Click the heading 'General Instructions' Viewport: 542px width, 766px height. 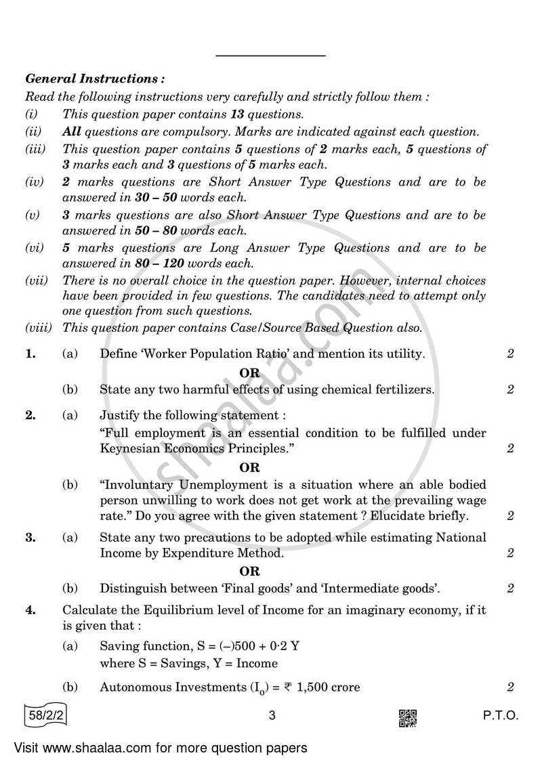[93, 79]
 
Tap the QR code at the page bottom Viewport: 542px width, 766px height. [407, 718]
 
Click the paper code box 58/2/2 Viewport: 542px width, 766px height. [47, 717]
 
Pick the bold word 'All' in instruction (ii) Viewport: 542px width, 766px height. [72, 132]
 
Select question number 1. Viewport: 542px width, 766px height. [30, 354]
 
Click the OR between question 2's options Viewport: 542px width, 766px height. [249, 467]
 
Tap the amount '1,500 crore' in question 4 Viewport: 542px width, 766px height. [329, 687]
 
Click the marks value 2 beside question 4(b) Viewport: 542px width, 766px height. [510, 687]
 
